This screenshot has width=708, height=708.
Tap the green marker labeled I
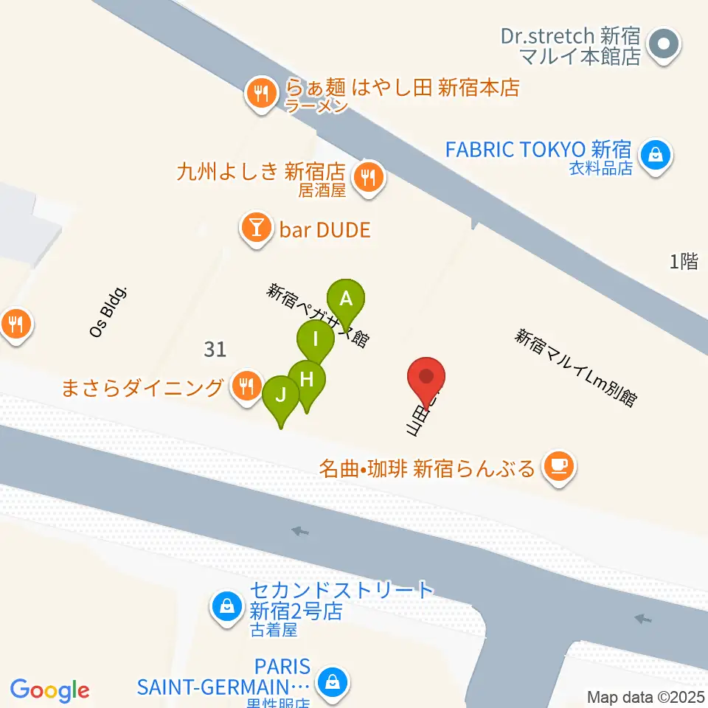(316, 339)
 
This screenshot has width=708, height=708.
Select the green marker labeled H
(307, 379)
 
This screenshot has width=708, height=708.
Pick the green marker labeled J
(281, 395)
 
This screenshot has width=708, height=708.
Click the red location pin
(426, 376)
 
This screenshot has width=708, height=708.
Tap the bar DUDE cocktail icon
(256, 229)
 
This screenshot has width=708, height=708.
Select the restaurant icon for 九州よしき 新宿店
(367, 177)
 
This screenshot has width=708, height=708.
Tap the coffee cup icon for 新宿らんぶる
(558, 466)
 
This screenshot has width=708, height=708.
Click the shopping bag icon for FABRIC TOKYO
(653, 156)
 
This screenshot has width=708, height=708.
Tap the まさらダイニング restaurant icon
(244, 386)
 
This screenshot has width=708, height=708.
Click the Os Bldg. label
(109, 312)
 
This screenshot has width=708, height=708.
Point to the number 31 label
(215, 349)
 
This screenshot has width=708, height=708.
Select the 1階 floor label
(684, 261)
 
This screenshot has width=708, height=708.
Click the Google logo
(50, 690)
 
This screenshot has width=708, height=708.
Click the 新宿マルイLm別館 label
(576, 367)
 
